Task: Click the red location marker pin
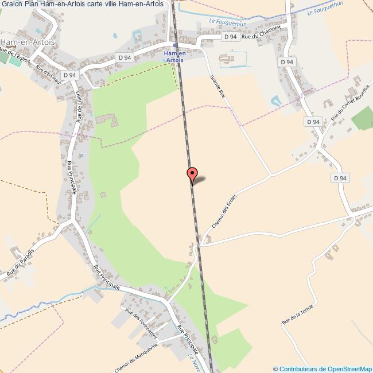coord(192,175)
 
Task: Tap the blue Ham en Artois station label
coord(174,56)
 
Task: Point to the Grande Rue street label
coord(218,88)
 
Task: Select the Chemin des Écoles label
coord(224,211)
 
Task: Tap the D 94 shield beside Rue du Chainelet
coord(230,37)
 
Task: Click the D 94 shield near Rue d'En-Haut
coord(69,75)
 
